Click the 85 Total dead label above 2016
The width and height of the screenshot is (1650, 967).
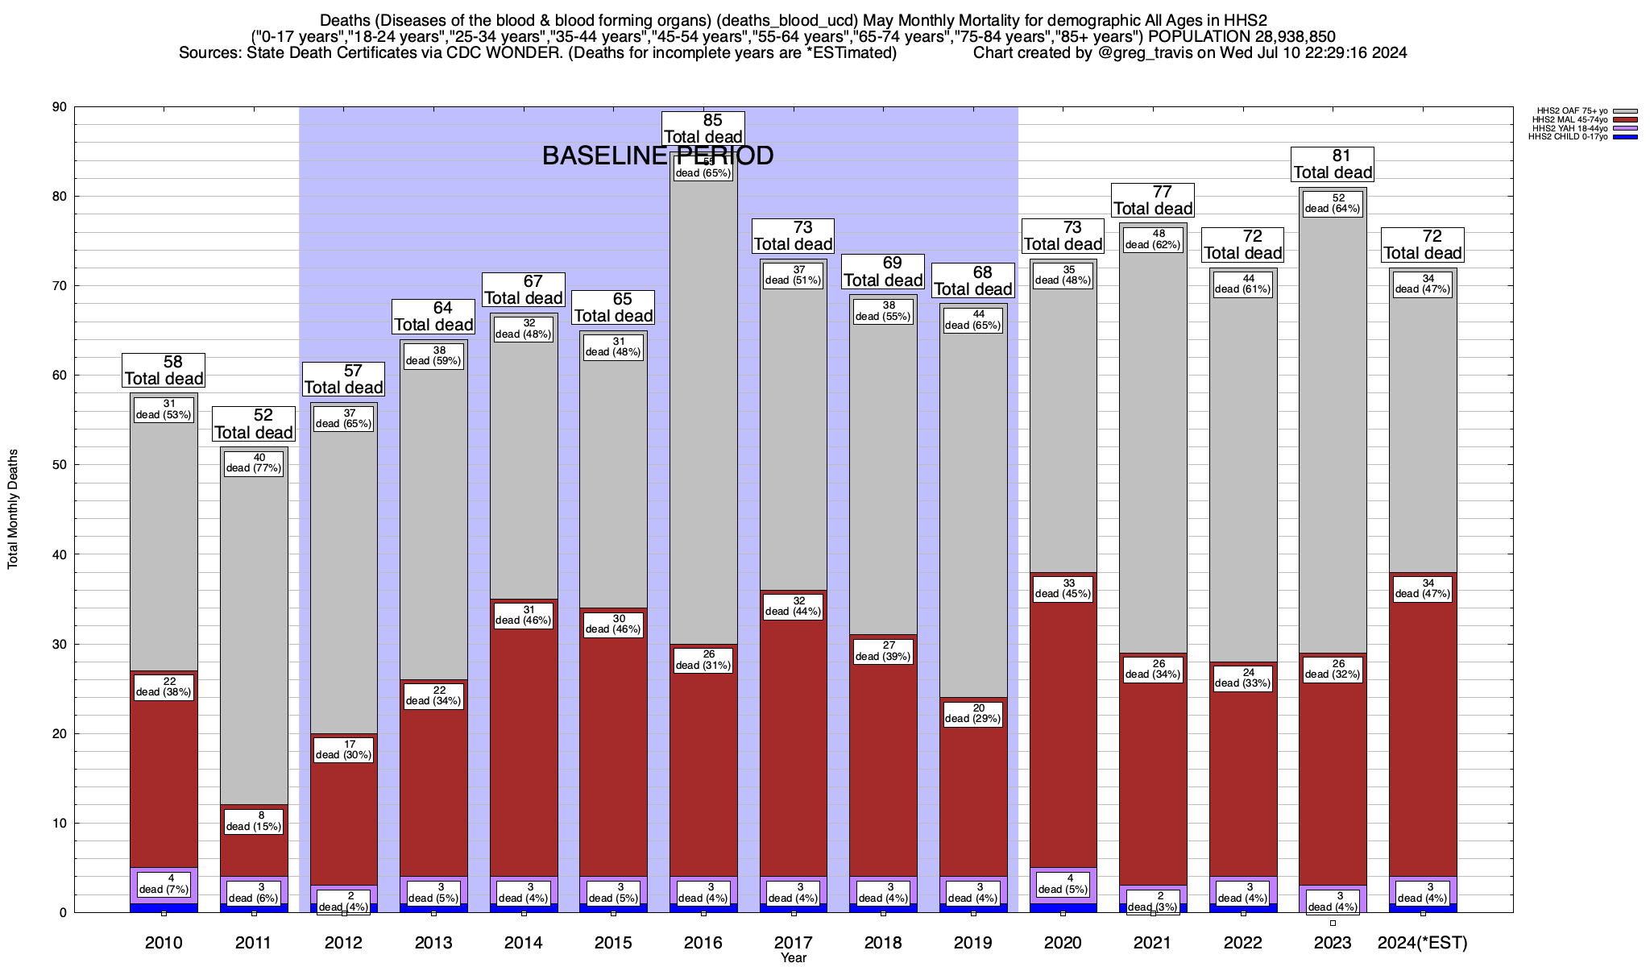[703, 129]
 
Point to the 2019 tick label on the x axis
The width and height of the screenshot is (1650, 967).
[973, 942]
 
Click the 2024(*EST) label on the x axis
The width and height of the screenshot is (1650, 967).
[1423, 942]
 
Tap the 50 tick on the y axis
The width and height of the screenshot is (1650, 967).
[60, 465]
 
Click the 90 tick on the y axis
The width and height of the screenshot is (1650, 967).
[60, 107]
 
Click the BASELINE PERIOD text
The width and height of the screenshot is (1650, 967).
[657, 156]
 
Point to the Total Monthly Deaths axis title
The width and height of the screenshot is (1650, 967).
[13, 509]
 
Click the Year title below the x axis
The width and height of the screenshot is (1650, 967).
[793, 958]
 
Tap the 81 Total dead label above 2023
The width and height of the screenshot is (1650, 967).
[1333, 164]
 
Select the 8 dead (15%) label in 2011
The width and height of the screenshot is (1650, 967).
[254, 821]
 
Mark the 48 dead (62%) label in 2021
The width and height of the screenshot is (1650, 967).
[1153, 239]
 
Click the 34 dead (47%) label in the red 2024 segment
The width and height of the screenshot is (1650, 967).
[1423, 589]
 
